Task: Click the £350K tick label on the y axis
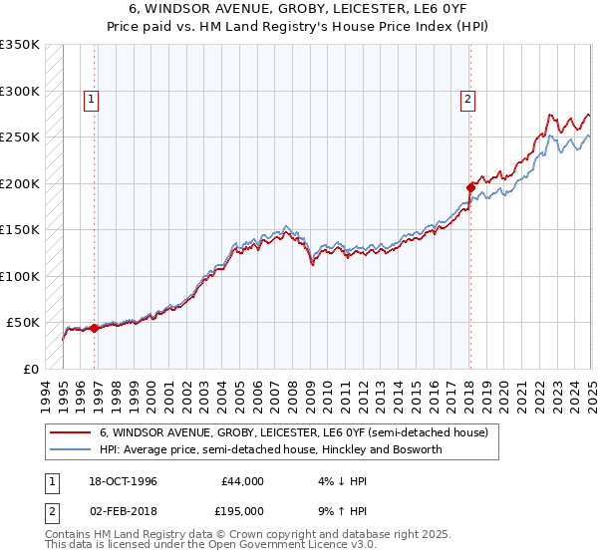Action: (x=20, y=45)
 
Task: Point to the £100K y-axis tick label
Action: (x=20, y=276)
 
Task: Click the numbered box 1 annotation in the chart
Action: (x=91, y=99)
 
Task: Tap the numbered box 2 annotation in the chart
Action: (x=467, y=99)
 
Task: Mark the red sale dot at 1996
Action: (x=94, y=328)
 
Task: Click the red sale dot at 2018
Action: (x=470, y=186)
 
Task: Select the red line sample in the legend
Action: (x=70, y=432)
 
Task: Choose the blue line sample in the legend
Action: (x=70, y=450)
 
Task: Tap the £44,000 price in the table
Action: (x=242, y=480)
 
